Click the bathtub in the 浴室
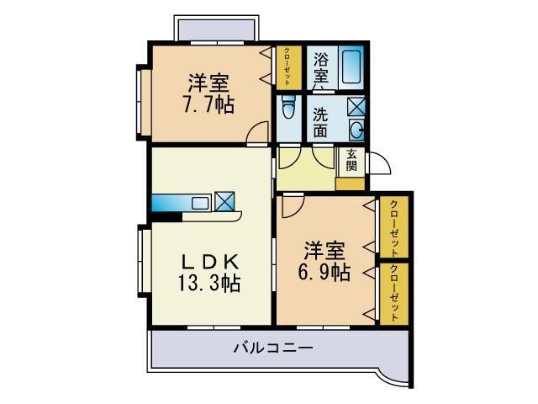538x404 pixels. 351,66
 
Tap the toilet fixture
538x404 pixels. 288,106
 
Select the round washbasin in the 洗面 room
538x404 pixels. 356,130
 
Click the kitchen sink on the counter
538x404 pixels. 200,203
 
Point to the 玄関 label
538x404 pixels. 351,160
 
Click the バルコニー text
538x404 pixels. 273,348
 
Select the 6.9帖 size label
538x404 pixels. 324,273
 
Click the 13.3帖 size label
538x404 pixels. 208,283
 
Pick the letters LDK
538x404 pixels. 209,263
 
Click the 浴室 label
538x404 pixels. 321,68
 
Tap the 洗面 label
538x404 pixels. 320,123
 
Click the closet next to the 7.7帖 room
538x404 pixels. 289,67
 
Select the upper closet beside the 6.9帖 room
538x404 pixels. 394,226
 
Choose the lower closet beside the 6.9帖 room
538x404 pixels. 394,294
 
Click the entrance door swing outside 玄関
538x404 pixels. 379,162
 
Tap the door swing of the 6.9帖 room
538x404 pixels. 293,207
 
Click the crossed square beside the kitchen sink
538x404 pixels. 224,201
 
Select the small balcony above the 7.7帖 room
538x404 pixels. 216,29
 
